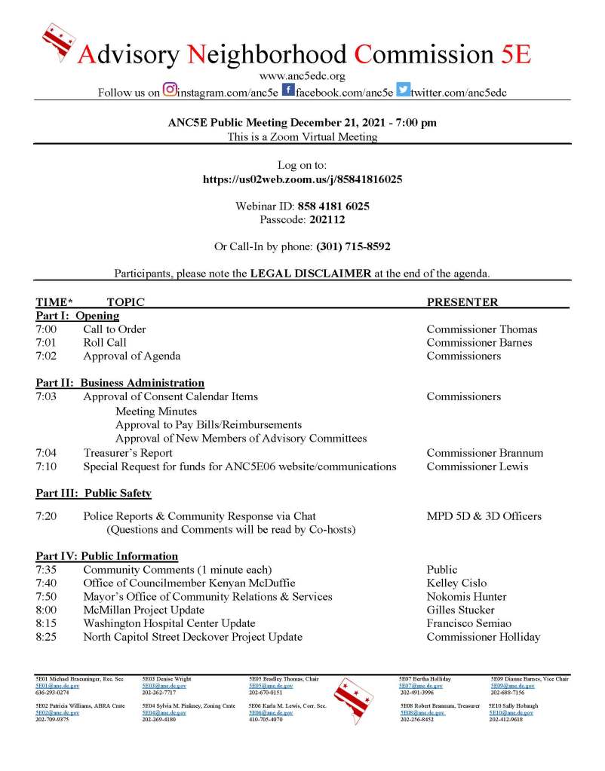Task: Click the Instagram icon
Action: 170,90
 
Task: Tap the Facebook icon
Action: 288,90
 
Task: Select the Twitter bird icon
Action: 403,90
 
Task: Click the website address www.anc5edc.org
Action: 302,76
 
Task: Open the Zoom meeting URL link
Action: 302,179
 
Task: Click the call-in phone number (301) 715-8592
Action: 353,246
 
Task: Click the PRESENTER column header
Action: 462,302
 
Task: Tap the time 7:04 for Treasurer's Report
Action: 45,453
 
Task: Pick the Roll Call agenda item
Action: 105,343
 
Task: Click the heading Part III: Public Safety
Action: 94,494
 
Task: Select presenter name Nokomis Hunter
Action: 466,597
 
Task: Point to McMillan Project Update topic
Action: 143,610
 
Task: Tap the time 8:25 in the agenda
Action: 45,638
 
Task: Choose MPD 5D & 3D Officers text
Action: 484,516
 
